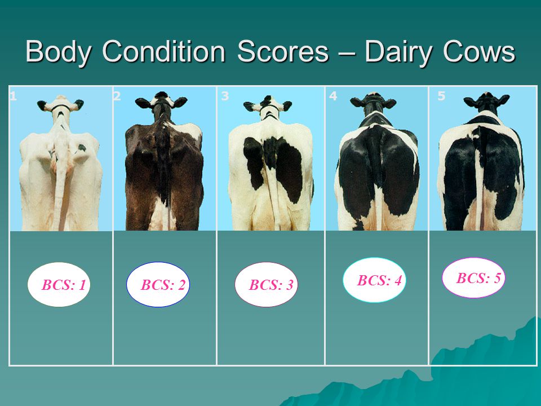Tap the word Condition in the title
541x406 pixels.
(x=163, y=51)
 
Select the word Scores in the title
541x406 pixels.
(x=283, y=52)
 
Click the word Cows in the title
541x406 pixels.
(x=479, y=52)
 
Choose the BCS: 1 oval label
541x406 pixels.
(x=59, y=284)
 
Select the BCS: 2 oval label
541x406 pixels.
(x=158, y=284)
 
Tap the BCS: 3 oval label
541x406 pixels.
(x=267, y=284)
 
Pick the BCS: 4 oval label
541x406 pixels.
(x=375, y=280)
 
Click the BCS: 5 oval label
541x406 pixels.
(x=474, y=277)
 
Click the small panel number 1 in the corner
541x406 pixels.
(x=13, y=96)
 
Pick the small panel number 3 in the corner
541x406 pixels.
(x=225, y=96)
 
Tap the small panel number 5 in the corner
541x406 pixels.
(x=441, y=96)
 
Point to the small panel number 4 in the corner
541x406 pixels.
(x=333, y=96)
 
